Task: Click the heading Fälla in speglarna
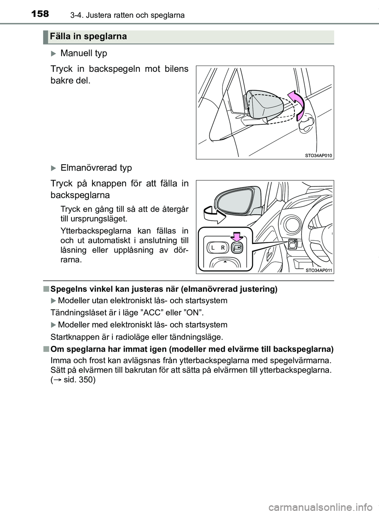click(x=88, y=37)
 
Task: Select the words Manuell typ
click(x=84, y=53)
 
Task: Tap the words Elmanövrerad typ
click(x=96, y=168)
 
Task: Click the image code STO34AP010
click(x=319, y=156)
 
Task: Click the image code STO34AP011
click(x=319, y=270)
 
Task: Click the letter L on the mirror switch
click(x=212, y=248)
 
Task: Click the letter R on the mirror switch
click(x=223, y=248)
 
